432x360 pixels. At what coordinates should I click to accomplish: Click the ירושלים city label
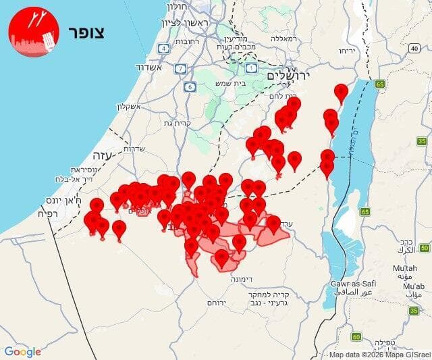(287, 76)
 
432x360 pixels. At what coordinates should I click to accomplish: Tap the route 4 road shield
(164, 48)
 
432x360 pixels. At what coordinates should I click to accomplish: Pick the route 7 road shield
(180, 69)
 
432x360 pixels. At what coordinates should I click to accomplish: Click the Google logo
(23, 351)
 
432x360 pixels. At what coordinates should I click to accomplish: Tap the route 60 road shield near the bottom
(356, 336)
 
